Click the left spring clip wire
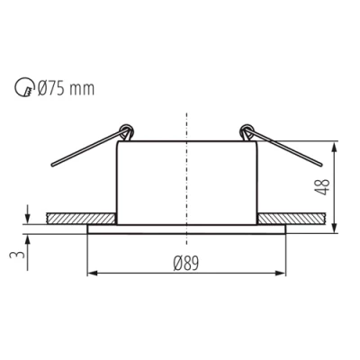(85, 150)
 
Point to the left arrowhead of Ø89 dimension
(90, 273)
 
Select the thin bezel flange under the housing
(186, 228)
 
